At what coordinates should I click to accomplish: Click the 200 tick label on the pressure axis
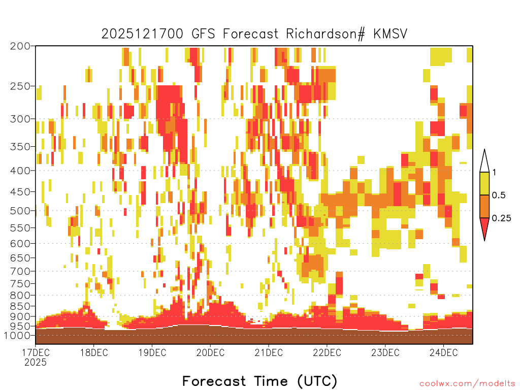coord(20,46)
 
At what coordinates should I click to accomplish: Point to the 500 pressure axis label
coord(20,211)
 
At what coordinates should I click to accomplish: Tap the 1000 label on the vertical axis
coord(17,335)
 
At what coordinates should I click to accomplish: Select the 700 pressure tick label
coord(20,271)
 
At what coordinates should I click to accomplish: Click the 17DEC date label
coord(36,352)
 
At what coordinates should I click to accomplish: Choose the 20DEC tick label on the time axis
coord(210,352)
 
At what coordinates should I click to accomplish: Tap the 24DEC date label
coord(444,352)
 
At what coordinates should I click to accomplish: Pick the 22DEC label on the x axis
coord(327,352)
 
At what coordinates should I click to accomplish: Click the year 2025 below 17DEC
coord(36,362)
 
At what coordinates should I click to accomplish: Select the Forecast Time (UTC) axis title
coord(259,381)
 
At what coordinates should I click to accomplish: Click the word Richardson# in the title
coord(326,34)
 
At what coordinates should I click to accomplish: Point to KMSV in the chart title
coord(390,34)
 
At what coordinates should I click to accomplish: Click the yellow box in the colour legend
coord(484,183)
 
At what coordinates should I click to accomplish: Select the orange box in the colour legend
coord(484,206)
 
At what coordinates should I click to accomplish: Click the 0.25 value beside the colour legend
coord(501,218)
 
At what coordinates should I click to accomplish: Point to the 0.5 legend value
coord(499,196)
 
